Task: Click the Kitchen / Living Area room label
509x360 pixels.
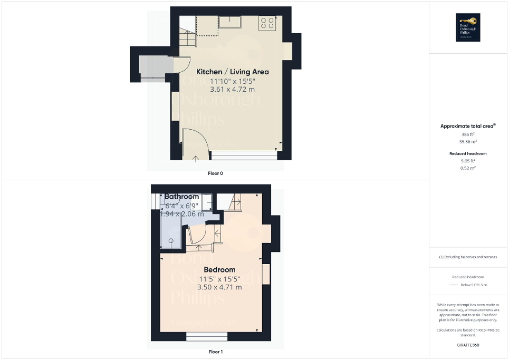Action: tap(233, 72)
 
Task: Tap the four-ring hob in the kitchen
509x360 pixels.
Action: tap(267, 23)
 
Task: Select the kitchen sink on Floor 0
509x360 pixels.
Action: tap(231, 22)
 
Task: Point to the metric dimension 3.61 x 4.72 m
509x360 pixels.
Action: tap(233, 90)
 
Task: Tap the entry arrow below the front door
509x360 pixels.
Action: tap(196, 157)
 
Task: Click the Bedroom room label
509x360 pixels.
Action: tap(219, 270)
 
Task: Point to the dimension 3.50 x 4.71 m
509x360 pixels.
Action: tap(219, 287)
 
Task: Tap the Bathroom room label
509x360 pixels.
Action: tap(181, 197)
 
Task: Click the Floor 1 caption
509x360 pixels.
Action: tap(216, 352)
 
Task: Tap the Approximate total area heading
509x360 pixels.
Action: tap(468, 126)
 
